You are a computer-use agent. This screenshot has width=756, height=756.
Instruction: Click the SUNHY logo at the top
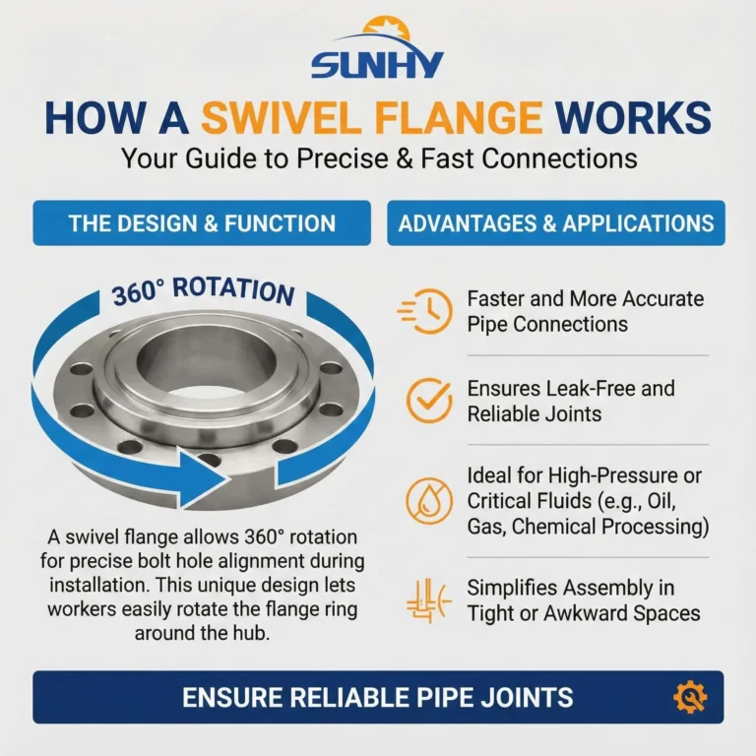tap(377, 48)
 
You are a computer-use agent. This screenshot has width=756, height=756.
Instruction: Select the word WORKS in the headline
tap(633, 118)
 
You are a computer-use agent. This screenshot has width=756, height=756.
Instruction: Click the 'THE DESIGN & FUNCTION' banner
tap(202, 223)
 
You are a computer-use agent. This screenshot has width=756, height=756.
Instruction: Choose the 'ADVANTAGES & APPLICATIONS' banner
tap(556, 223)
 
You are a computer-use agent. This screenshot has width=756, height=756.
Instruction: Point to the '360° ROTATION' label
tap(203, 291)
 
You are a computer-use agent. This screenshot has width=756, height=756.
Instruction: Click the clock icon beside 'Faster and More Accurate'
tap(425, 311)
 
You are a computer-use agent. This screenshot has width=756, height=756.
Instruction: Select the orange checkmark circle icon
tap(428, 401)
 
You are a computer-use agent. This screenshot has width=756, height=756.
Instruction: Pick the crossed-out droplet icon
tap(428, 501)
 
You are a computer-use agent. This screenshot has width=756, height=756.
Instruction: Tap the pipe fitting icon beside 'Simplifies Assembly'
tap(428, 600)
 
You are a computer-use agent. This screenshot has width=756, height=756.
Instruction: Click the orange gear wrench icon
tap(690, 697)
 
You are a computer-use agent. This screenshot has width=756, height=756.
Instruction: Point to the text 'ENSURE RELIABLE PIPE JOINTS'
tap(378, 697)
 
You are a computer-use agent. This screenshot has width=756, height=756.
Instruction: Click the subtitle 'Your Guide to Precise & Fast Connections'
tap(379, 158)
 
